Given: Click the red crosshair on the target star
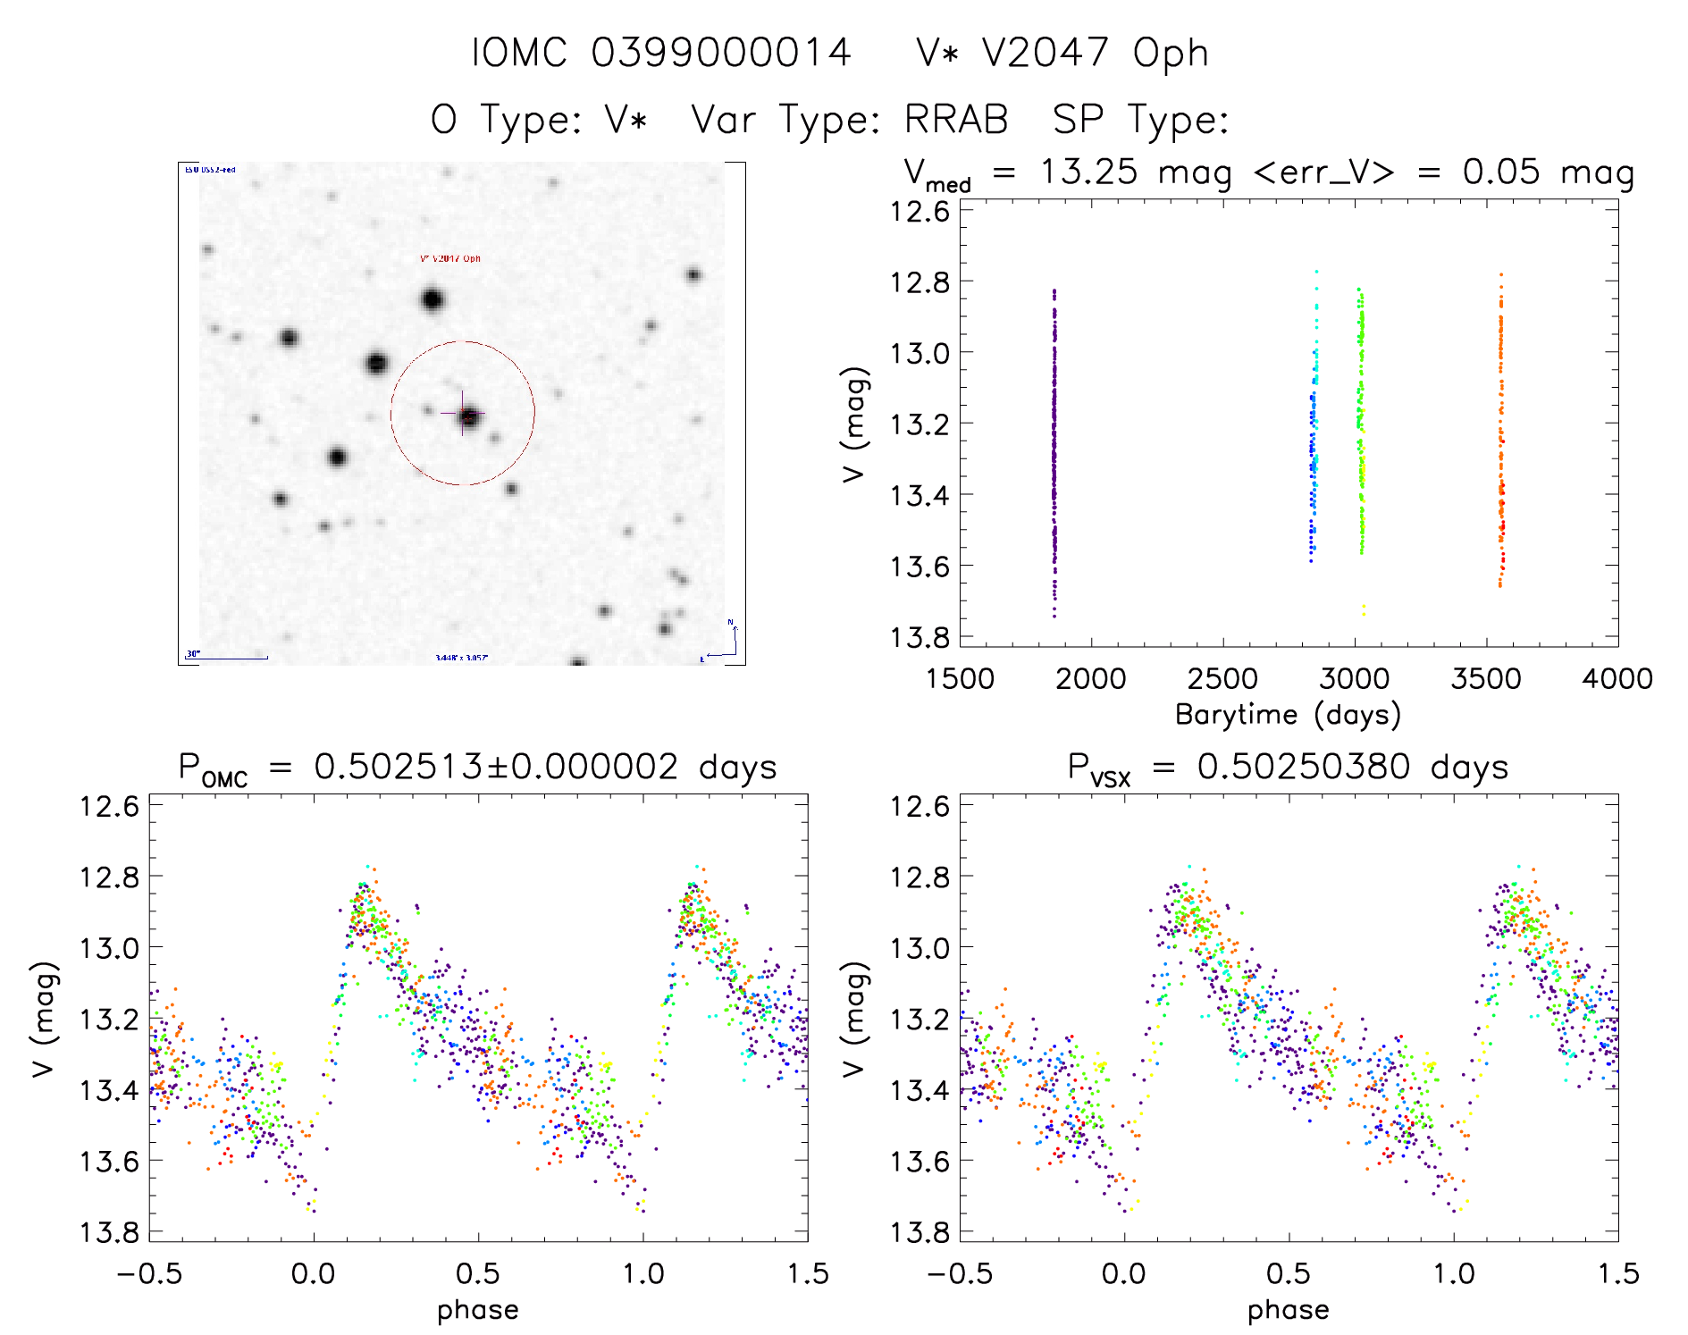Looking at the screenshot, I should coord(463,415).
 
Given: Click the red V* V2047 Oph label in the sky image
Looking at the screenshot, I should coord(449,259).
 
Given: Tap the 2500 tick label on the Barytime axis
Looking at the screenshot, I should coord(1222,679).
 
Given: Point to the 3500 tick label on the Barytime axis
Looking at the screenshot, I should coord(1486,679).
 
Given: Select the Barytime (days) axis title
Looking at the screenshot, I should coord(1288,715).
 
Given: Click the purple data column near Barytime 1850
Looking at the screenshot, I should coord(1054,447).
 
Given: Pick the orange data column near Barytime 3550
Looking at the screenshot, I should coord(1501,429).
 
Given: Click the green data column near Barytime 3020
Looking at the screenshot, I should coord(1361,420).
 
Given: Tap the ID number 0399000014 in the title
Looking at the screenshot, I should coord(721,53).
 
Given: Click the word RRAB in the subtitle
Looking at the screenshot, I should coord(956,120).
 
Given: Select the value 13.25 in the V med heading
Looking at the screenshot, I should coord(1088,172).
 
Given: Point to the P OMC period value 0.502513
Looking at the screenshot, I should coord(399,767).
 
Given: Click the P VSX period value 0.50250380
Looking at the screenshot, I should coord(1304,767).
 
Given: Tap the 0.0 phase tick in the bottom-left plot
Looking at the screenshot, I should coord(314,1273).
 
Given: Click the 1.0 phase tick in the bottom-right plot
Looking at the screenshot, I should coord(1454,1273).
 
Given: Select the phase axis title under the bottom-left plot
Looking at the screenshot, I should coord(478,1310).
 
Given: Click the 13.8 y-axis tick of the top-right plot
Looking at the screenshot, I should coord(920,637).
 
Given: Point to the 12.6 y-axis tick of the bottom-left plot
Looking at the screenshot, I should coord(109,806).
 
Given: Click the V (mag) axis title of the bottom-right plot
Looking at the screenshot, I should coord(854,1019).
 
